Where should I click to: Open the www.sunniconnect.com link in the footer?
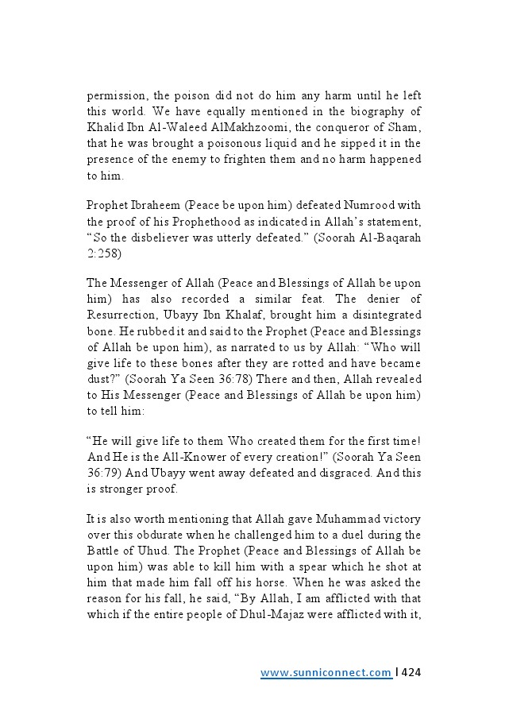coord(326,673)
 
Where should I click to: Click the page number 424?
coord(411,672)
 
